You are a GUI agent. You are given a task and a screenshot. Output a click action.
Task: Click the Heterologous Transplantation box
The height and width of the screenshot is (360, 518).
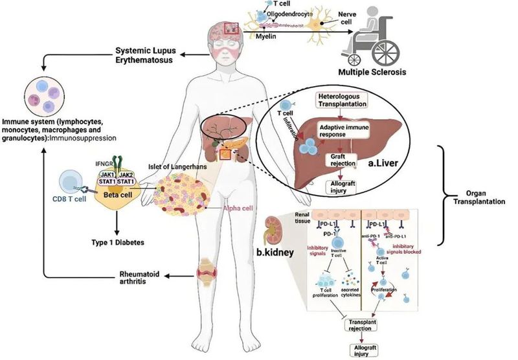343,100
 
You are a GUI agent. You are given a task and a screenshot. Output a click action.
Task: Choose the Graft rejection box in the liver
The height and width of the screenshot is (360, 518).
343,159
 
